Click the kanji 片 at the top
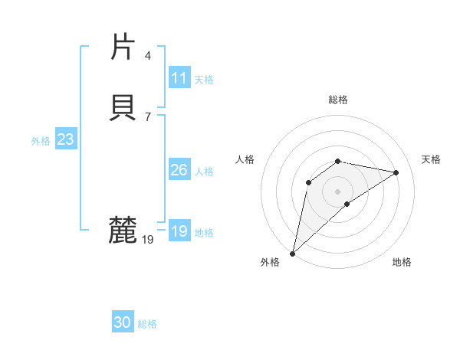(x=123, y=47)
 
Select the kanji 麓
(x=123, y=230)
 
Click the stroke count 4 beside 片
(x=147, y=55)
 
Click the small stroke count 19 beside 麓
(x=147, y=240)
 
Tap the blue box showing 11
(x=179, y=78)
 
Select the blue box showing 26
(x=179, y=170)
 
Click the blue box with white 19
(x=179, y=231)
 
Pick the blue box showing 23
(x=65, y=139)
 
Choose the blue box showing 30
(x=122, y=323)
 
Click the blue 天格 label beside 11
(x=204, y=80)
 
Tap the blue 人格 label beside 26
(x=204, y=172)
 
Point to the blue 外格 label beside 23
(x=41, y=141)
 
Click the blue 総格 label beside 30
(x=147, y=325)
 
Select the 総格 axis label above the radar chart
(x=337, y=100)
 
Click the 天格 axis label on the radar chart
(x=431, y=159)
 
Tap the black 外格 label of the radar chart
(x=270, y=263)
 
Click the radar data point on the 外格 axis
(x=292, y=253)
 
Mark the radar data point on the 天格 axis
(x=396, y=172)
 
